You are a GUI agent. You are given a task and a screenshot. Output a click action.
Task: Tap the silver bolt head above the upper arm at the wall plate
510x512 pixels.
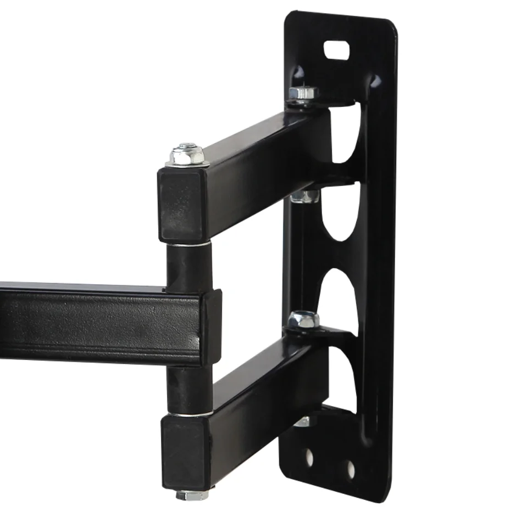[302, 93]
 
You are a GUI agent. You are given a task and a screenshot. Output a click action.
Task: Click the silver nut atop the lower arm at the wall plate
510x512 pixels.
[303, 319]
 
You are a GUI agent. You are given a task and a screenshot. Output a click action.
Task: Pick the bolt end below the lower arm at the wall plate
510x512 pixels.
[302, 421]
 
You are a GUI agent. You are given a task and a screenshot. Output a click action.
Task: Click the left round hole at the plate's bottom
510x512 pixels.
[310, 458]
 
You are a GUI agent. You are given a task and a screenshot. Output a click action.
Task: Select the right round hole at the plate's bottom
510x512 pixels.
[350, 468]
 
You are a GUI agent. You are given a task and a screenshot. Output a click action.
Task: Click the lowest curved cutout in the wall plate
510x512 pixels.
[344, 379]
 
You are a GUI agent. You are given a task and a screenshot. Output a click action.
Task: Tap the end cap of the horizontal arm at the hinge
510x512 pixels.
[212, 328]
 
